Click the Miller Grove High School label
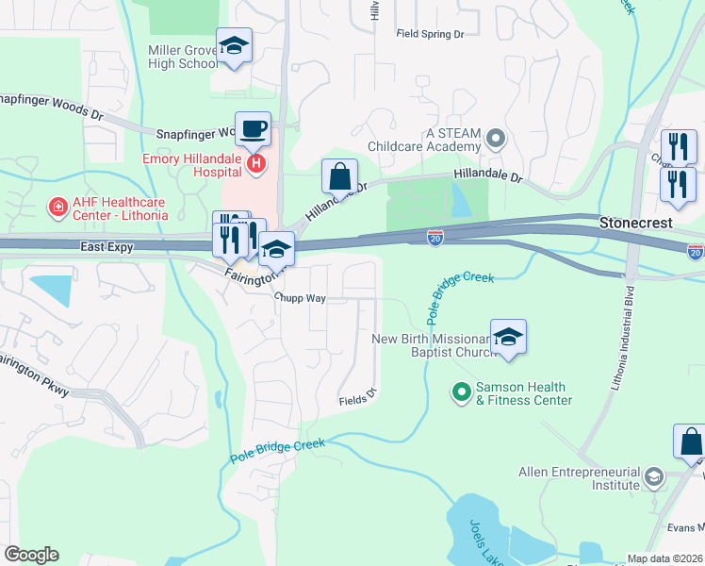click(x=183, y=57)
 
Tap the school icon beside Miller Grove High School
click(x=234, y=46)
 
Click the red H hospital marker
click(x=255, y=165)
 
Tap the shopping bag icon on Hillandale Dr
click(x=339, y=175)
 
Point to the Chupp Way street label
click(x=300, y=296)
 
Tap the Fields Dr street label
click(x=359, y=400)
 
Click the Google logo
click(x=31, y=555)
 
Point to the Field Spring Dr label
click(x=431, y=33)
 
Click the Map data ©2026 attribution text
click(x=664, y=558)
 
